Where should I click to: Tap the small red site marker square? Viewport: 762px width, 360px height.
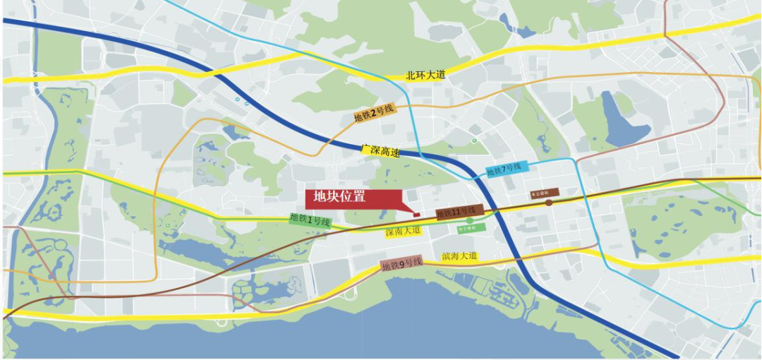[416, 213]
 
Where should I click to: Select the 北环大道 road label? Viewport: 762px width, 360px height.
[426, 75]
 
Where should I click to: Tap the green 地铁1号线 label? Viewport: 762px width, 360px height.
[310, 220]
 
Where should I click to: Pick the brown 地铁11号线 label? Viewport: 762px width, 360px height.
[459, 212]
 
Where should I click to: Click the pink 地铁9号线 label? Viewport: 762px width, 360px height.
[401, 265]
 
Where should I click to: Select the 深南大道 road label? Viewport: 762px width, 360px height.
[403, 231]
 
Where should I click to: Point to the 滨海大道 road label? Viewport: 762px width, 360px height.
[459, 256]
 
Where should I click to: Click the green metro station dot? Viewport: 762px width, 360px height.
[470, 220]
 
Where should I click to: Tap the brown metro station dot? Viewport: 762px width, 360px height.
[549, 203]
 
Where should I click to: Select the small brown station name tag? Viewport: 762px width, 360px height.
[545, 192]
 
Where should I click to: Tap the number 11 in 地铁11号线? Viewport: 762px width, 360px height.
[459, 212]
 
